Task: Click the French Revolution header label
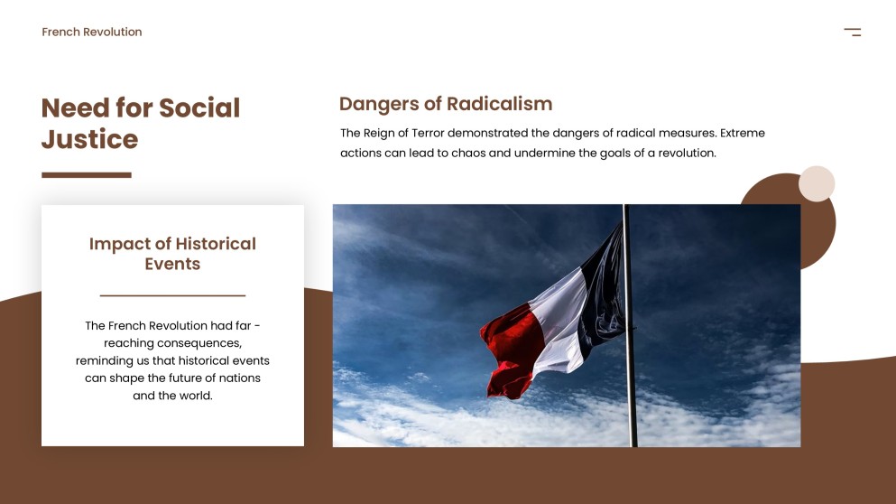pos(91,33)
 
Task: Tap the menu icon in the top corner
pos(853,33)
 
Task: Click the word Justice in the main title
pos(89,140)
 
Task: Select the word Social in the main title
pos(199,108)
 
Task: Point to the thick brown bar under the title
pos(87,175)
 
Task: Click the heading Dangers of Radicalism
pos(445,104)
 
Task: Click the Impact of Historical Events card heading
pos(172,254)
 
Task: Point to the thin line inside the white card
pos(172,295)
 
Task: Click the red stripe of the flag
pos(511,348)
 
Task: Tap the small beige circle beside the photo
pos(817,183)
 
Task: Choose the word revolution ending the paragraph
pos(685,154)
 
